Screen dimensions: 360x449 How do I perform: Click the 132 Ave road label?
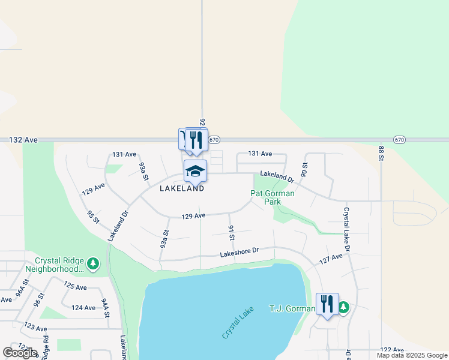click(x=23, y=140)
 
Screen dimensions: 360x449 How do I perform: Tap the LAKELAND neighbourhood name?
click(x=182, y=188)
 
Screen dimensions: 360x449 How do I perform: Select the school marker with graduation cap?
click(x=195, y=171)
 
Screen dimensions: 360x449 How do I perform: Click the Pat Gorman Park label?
click(x=272, y=197)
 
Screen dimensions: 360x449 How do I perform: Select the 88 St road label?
click(x=381, y=153)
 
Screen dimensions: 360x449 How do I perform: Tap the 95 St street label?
click(x=92, y=218)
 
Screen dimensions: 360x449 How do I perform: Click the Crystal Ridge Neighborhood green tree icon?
click(x=92, y=263)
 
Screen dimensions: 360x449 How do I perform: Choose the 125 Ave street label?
click(x=76, y=287)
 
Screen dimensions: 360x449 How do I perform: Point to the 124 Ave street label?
click(x=83, y=308)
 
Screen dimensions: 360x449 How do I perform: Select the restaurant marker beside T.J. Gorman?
click(x=327, y=304)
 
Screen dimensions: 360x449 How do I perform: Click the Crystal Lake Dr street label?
click(x=346, y=230)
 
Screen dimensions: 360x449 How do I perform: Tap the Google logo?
click(x=20, y=353)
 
